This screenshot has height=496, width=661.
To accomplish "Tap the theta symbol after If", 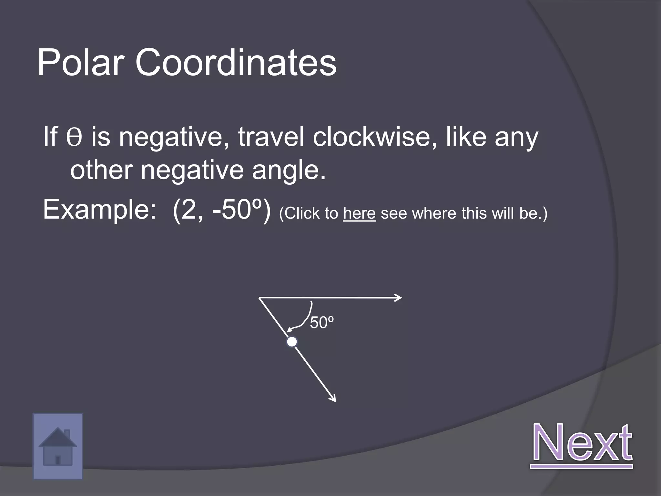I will (74, 137).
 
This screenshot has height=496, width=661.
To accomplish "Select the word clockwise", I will (375, 137).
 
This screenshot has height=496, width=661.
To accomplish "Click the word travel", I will (271, 137).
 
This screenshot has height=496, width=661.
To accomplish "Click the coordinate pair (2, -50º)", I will (222, 210).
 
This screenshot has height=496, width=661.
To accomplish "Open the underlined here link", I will (359, 213).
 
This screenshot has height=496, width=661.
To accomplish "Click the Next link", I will (582, 443).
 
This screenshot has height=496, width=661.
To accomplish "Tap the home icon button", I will (58, 446).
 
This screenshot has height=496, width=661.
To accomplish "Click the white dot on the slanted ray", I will (292, 342).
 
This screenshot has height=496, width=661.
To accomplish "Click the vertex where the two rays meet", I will (259, 298).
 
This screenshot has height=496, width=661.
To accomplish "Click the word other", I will (101, 170).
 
